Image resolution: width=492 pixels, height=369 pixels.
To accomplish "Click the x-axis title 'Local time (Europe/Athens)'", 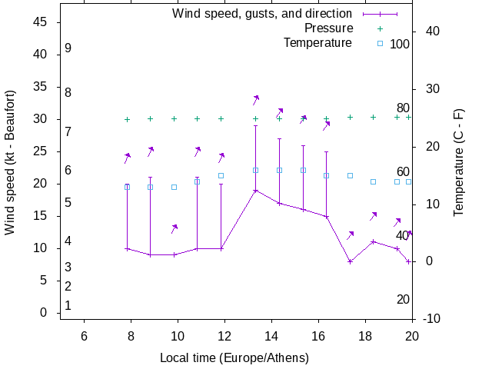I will pyautogui.click(x=234, y=357).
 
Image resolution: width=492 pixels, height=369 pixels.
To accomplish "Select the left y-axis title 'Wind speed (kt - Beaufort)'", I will pyautogui.click(x=10, y=162).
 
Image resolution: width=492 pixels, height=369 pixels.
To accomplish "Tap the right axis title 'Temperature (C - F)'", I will pyautogui.click(x=458, y=162).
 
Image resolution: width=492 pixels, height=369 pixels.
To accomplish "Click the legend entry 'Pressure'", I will pyautogui.click(x=328, y=28).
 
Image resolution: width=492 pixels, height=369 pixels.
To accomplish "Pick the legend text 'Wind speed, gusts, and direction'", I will pyautogui.click(x=261, y=14).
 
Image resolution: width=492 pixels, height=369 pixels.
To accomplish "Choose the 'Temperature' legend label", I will pyautogui.click(x=317, y=43).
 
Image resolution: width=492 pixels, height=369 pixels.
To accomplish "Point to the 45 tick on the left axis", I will pyautogui.click(x=42, y=23).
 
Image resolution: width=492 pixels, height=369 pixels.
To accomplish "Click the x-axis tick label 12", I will pyautogui.click(x=224, y=336).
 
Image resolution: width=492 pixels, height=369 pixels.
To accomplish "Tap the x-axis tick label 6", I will pyautogui.click(x=84, y=336).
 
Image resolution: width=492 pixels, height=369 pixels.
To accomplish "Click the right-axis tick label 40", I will pyautogui.click(x=431, y=31).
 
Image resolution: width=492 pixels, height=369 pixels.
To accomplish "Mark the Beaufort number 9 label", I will pyautogui.click(x=68, y=48).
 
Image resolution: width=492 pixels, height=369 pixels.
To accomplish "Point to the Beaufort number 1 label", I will pyautogui.click(x=68, y=305).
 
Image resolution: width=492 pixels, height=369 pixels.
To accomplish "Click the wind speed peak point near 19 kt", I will pyautogui.click(x=256, y=190).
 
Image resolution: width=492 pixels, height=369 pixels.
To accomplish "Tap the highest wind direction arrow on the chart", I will pyautogui.click(x=256, y=99).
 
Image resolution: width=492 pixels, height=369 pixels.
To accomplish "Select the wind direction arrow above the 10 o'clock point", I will pyautogui.click(x=175, y=228).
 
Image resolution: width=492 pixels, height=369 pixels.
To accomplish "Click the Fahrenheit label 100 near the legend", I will pyautogui.click(x=400, y=45).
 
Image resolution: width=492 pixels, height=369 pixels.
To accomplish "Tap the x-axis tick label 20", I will pyautogui.click(x=412, y=336).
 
